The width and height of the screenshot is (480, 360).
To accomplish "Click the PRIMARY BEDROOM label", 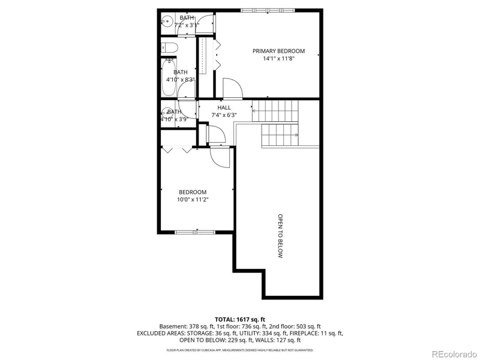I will tap(278, 51).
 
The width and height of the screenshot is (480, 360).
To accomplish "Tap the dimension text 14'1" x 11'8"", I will tap(278, 59).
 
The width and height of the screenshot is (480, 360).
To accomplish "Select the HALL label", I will tap(224, 107).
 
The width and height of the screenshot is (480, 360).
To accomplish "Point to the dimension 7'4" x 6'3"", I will tap(224, 115).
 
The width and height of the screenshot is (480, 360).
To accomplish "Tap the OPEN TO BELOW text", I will tap(280, 236).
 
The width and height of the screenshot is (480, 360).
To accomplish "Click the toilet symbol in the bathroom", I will tap(169, 47).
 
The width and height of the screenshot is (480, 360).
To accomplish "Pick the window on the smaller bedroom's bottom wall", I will tap(194, 232).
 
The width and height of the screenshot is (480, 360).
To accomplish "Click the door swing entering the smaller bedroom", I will tap(220, 157).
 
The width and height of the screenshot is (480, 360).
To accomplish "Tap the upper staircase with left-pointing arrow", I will tap(275, 111).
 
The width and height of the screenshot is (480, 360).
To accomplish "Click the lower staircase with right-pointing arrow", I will tap(280, 136).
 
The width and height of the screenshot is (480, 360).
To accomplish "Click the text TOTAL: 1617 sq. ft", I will tap(239, 319).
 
